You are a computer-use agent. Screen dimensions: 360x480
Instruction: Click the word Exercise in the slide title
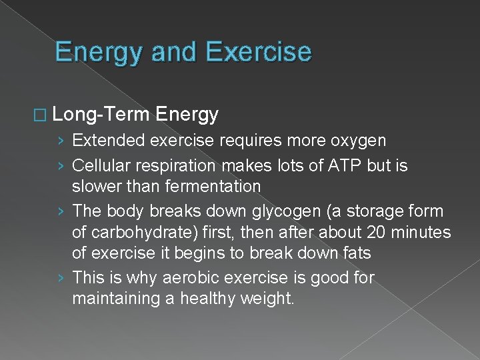click(x=259, y=51)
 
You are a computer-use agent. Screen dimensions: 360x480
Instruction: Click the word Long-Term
click(x=101, y=115)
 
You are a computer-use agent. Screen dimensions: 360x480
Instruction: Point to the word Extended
click(x=109, y=141)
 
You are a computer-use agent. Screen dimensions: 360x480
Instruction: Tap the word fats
click(x=356, y=254)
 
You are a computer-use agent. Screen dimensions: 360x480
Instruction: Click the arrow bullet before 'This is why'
click(x=61, y=277)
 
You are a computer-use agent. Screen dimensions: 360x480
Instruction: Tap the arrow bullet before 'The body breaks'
click(x=61, y=211)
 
